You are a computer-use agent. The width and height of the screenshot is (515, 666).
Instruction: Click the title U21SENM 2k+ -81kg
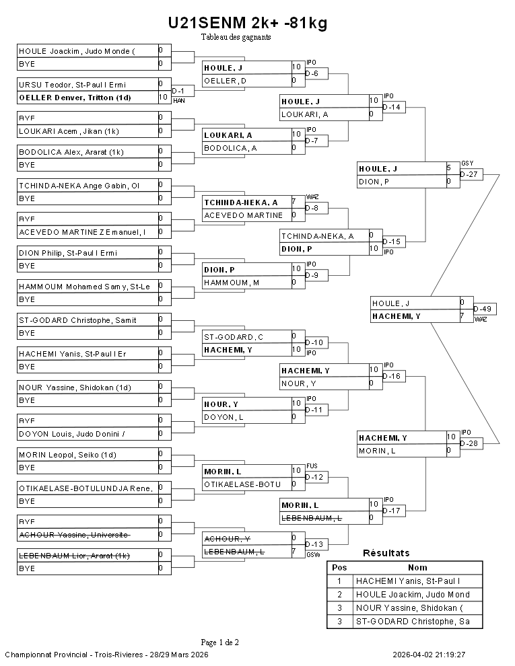[248, 24]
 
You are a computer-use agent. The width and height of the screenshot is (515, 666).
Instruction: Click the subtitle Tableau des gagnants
[236, 37]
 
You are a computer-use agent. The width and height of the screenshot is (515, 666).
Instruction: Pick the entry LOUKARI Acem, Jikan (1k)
[69, 131]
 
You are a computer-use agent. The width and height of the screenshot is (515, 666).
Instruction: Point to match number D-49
[485, 309]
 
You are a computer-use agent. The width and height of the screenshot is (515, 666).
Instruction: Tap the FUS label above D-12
[311, 466]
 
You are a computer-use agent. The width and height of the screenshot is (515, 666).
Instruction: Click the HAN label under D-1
[179, 100]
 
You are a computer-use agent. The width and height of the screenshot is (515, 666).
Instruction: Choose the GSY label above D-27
[467, 163]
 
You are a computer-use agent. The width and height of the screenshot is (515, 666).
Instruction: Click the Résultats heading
[386, 553]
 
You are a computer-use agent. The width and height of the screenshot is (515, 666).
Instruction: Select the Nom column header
[417, 567]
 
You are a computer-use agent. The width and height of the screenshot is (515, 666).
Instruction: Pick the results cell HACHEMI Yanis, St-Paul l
[408, 581]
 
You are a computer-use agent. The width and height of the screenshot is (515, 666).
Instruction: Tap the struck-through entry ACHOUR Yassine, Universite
[73, 535]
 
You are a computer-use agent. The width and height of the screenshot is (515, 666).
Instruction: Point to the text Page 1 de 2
[219, 642]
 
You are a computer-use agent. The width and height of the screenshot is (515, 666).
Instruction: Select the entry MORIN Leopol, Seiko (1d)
[67, 454]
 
